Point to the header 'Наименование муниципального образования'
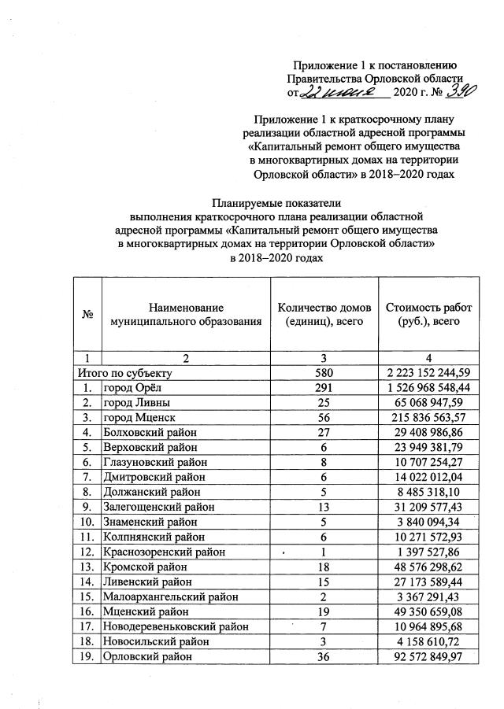(x=185, y=315)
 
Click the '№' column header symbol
(x=87, y=315)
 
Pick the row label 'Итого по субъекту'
(x=122, y=372)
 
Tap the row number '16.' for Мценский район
(x=87, y=612)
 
